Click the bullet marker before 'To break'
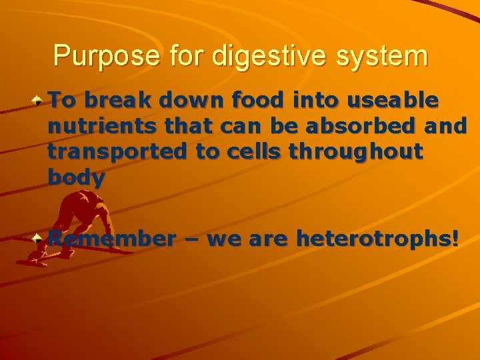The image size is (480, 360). (39, 102)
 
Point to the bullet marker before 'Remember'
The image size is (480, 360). (39, 237)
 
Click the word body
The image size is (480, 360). (77, 177)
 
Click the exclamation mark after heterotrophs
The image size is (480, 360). (455, 238)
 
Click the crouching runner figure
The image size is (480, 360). (77, 223)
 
